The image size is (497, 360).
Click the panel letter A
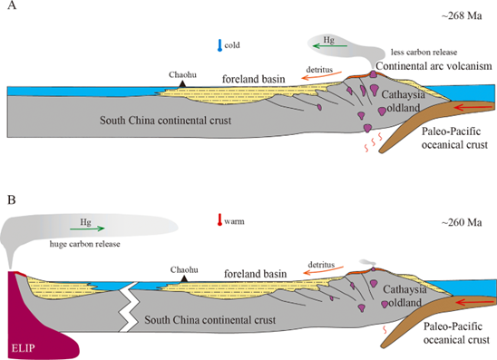tap(12, 5)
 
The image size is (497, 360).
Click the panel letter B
tap(12, 200)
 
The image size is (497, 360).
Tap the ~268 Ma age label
tap(462, 15)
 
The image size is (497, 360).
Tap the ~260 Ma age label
tap(462, 222)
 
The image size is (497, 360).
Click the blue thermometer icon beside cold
tap(219, 45)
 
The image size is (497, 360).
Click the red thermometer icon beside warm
tap(219, 219)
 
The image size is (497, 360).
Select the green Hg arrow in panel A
tap(330, 46)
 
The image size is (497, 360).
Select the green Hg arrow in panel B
tap(87, 229)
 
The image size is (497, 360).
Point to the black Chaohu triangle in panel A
tap(182, 84)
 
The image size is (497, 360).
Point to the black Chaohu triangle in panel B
tap(184, 279)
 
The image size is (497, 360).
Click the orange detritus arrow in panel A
tap(321, 76)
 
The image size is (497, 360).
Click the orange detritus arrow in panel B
tap(323, 271)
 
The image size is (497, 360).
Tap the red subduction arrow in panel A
tap(473, 108)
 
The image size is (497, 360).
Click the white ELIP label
tap(24, 348)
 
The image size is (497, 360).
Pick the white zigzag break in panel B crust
tap(129, 306)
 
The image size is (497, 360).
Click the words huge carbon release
tap(85, 244)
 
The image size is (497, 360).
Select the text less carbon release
tap(424, 52)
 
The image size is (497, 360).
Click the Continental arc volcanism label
tap(434, 66)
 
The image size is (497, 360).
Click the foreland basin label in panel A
tap(254, 79)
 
